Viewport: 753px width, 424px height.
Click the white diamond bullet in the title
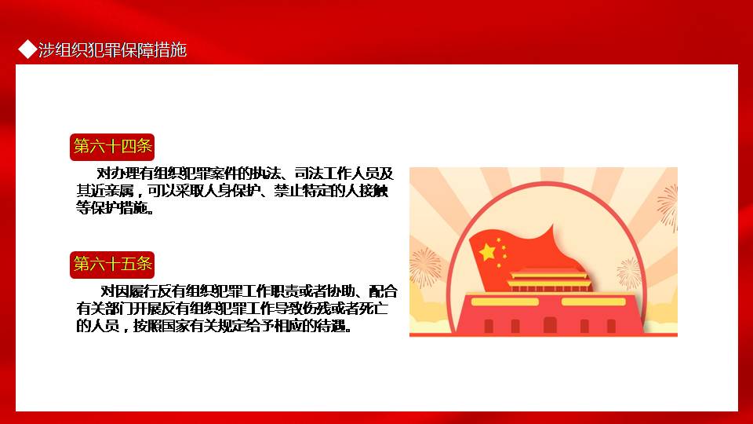point(27,49)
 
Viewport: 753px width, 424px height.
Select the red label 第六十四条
point(112,147)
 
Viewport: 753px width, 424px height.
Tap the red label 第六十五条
point(112,265)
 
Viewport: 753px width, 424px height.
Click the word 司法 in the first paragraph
point(308,173)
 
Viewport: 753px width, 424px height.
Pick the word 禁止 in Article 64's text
point(288,191)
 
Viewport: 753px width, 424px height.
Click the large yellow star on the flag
point(487,251)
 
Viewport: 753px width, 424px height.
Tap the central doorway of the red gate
point(550,325)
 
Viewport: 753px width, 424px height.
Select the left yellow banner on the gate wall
point(504,302)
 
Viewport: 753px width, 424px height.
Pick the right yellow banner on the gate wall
point(594,302)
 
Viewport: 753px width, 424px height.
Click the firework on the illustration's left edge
point(425,267)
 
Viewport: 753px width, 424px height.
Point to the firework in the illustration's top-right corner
point(668,207)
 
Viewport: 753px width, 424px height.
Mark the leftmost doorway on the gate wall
point(489,326)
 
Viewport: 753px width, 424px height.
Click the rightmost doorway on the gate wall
point(611,326)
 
